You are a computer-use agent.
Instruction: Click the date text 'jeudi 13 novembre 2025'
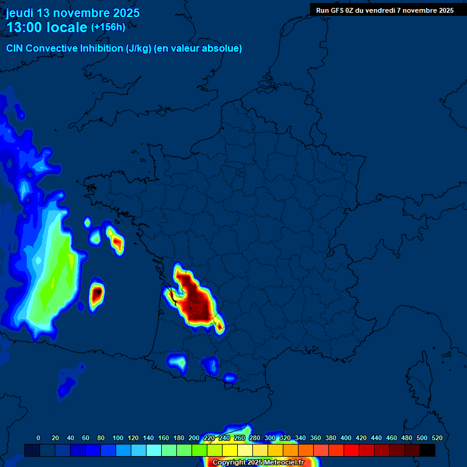click(73, 13)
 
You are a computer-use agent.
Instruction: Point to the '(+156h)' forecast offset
click(108, 27)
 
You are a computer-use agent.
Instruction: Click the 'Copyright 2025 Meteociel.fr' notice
click(258, 462)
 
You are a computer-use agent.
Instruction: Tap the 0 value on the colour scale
click(38, 438)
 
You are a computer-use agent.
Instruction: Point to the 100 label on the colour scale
click(118, 438)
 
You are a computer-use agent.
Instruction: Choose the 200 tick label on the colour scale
click(194, 438)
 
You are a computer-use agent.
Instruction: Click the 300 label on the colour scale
click(270, 438)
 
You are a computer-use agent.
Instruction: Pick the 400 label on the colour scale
click(346, 438)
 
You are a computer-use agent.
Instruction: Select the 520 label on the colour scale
click(437, 438)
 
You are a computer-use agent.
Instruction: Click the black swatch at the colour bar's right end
click(427, 450)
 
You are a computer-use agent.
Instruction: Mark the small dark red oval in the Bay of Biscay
click(97, 294)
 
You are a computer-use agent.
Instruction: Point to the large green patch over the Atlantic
click(52, 274)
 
